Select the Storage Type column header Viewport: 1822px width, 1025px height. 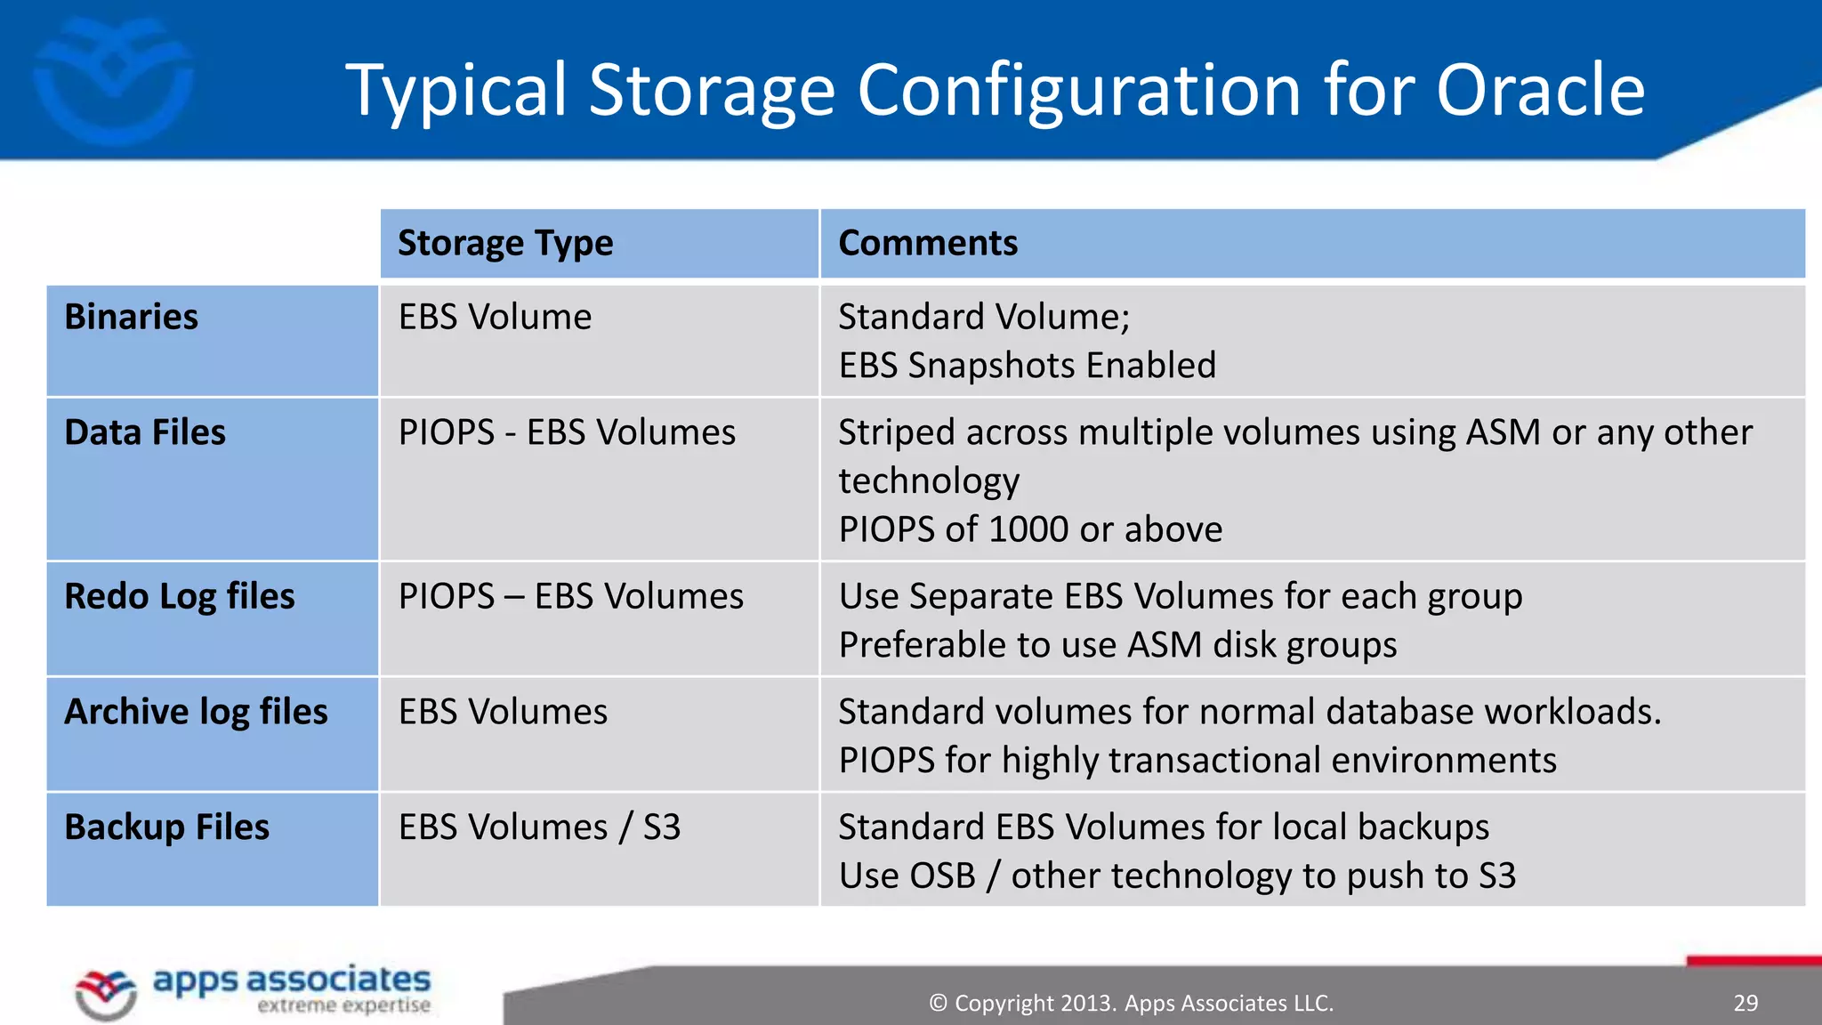(x=505, y=244)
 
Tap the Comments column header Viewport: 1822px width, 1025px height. (x=928, y=244)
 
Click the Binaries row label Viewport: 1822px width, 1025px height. (x=132, y=318)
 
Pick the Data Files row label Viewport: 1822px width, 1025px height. (x=145, y=433)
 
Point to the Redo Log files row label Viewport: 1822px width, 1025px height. (x=180, y=597)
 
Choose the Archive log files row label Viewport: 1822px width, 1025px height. (x=197, y=713)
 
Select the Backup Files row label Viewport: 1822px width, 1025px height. (x=167, y=828)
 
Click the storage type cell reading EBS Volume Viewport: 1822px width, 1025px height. (x=495, y=318)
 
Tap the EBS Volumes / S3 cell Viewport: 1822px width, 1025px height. (x=539, y=828)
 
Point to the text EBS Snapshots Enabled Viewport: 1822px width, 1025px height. (x=1027, y=366)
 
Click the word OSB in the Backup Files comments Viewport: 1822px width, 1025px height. (x=943, y=876)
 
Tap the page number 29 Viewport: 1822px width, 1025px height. (x=1745, y=1004)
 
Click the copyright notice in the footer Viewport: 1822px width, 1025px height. (x=1131, y=1004)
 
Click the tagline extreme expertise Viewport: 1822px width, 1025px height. (x=343, y=1006)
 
